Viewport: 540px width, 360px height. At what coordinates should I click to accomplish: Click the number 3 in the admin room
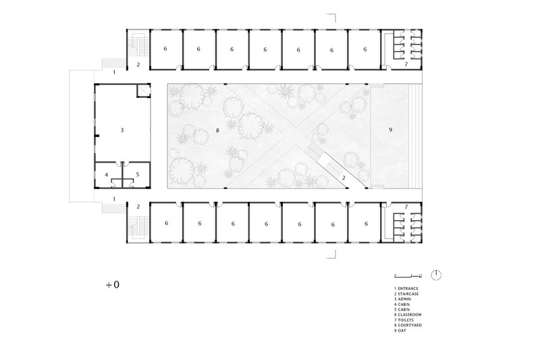122,129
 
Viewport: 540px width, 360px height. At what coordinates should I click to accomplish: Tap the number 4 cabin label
107,174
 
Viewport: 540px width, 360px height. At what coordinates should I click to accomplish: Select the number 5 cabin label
137,174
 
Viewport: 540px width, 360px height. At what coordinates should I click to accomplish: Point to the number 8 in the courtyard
217,128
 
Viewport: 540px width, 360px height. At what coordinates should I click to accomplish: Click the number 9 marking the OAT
390,129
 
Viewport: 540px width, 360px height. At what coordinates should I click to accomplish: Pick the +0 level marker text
112,285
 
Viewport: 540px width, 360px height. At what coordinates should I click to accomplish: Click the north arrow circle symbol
437,275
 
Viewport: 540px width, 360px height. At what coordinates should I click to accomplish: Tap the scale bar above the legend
408,276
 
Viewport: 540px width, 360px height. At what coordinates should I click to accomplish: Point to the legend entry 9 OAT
402,331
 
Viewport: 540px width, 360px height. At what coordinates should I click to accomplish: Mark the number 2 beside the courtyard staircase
344,178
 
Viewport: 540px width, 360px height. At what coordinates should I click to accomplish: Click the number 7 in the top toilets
406,64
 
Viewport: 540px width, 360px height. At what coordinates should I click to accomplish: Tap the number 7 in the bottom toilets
406,206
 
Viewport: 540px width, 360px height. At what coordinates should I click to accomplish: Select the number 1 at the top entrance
115,71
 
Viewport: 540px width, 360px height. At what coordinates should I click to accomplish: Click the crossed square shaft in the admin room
143,91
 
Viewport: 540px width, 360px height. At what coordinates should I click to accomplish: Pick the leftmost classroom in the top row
165,49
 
